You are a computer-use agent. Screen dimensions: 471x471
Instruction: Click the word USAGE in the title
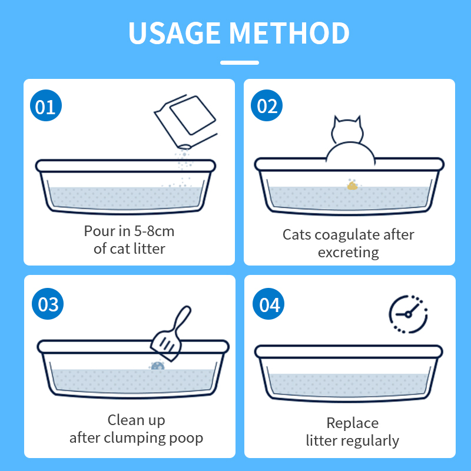174,33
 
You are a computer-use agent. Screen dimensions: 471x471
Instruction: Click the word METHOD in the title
289,33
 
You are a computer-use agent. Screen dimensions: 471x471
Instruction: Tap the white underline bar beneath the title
240,62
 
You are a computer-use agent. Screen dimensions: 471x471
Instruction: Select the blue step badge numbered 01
46,105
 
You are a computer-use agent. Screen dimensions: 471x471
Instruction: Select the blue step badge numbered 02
267,105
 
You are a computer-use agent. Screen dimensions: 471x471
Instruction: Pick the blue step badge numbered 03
48,304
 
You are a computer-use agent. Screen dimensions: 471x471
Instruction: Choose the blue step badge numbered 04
268,304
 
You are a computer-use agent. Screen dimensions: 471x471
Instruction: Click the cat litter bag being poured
185,121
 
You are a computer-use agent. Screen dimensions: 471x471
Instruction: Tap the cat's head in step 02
347,130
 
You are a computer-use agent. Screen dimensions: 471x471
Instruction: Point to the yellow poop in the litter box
352,185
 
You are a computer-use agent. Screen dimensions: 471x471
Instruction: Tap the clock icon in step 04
408,314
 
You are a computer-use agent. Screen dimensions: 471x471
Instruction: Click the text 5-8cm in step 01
154,231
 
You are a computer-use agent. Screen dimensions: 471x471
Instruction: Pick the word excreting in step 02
349,253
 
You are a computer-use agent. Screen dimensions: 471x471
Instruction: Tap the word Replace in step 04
352,423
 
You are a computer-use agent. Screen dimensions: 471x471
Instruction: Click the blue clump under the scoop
157,366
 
